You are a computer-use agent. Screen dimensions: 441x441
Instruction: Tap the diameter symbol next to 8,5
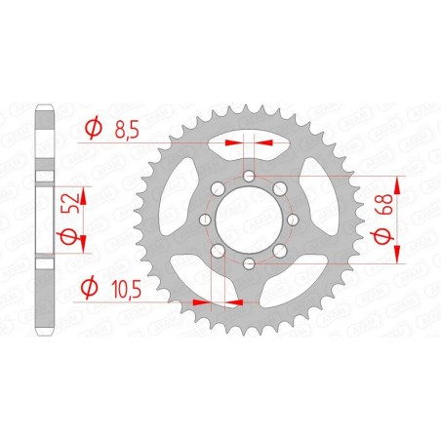pos(94,127)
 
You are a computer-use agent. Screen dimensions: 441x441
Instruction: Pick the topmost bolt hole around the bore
pos(250,175)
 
